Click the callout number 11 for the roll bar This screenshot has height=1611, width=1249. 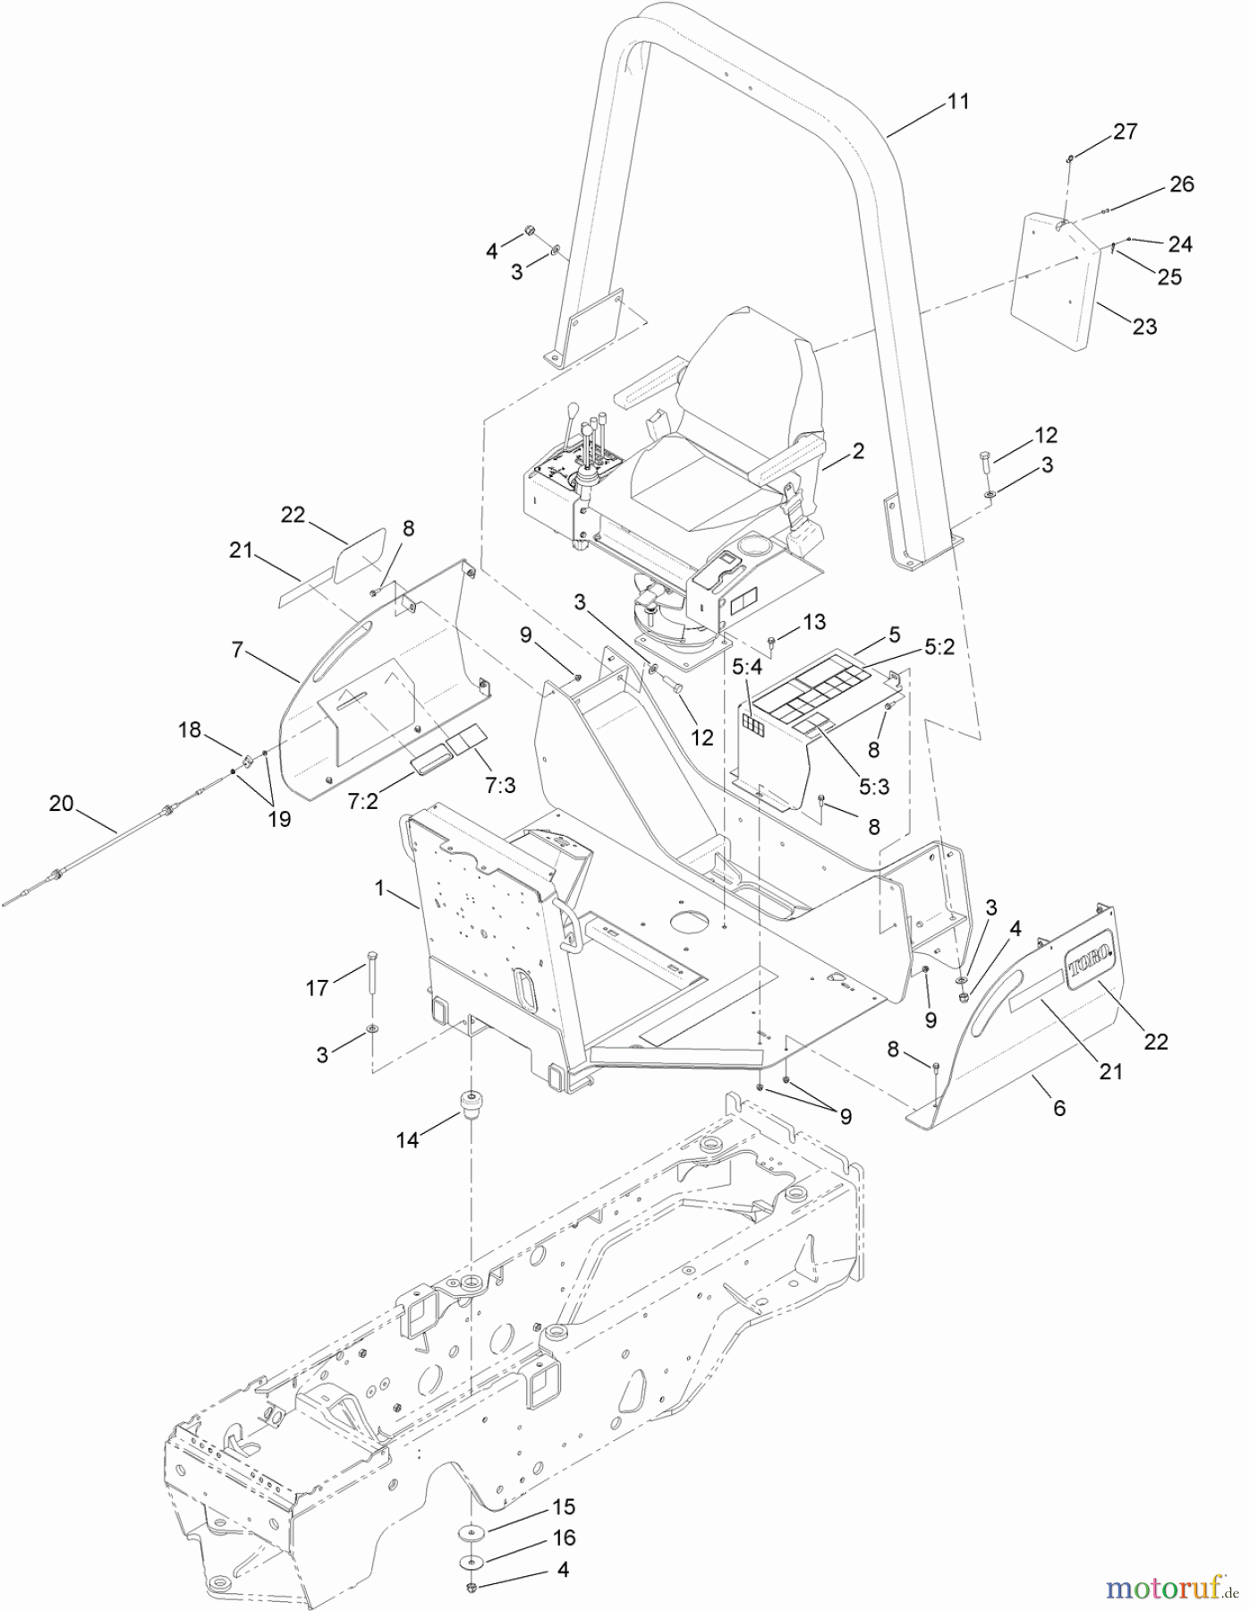(x=958, y=102)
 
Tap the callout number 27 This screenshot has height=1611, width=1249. (x=1125, y=132)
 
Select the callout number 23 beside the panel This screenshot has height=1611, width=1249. (x=1144, y=327)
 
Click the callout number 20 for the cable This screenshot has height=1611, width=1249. (x=61, y=804)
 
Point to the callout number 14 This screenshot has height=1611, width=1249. (x=407, y=1140)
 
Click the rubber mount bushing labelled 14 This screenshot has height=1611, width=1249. (x=471, y=1103)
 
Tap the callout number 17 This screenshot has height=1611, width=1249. (x=318, y=989)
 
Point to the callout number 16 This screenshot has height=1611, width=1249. (x=564, y=1538)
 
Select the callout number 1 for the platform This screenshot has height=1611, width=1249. (x=379, y=888)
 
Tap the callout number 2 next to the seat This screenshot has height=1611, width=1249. (x=858, y=451)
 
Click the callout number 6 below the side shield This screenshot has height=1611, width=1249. (x=1059, y=1108)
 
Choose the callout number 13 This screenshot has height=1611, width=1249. (x=814, y=622)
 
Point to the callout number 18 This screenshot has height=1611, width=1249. (x=190, y=729)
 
